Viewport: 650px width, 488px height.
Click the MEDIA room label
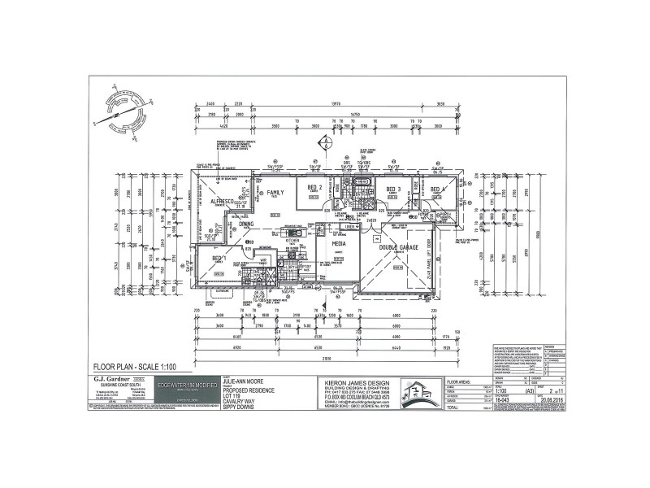coord(339,243)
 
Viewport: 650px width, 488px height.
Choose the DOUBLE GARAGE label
coord(398,247)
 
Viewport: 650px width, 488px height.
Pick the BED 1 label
coord(219,259)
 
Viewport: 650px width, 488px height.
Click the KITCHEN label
coord(292,241)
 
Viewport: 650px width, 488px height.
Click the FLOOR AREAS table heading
coord(464,381)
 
